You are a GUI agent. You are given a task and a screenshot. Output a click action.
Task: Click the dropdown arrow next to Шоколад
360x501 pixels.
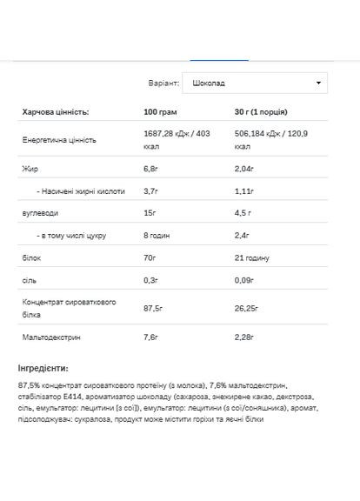click(319, 83)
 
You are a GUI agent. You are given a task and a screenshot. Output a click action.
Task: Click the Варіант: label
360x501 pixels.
click(163, 83)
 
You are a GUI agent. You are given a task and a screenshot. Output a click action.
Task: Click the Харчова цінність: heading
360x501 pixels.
click(54, 112)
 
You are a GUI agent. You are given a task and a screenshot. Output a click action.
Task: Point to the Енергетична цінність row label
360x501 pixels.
click(59, 139)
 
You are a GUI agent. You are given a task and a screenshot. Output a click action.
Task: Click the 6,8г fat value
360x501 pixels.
click(150, 167)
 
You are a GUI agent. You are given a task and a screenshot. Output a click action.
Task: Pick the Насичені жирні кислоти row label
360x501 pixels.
click(81, 190)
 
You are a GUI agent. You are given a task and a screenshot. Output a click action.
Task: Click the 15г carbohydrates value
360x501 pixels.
click(149, 212)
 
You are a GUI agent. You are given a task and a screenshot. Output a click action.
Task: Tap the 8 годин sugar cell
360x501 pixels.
click(157, 235)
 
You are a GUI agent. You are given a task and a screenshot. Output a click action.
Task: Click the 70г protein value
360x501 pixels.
click(149, 257)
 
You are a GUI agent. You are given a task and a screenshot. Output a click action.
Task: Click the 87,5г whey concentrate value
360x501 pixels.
click(153, 307)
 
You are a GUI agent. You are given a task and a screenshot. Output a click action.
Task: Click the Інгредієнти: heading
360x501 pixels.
click(48, 369)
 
